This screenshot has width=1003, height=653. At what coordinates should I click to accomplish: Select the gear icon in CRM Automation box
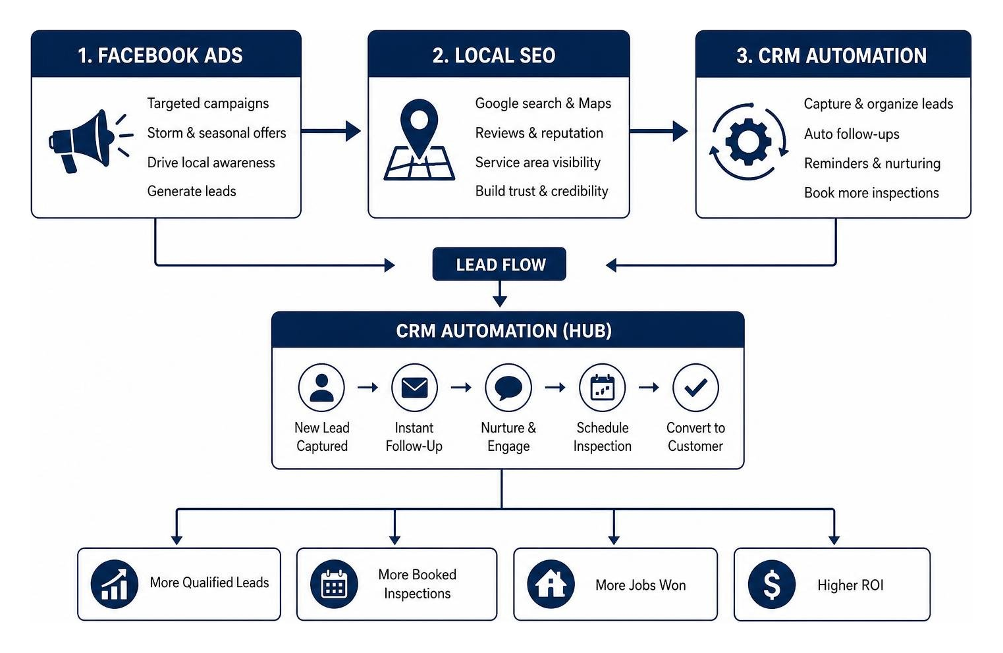749,142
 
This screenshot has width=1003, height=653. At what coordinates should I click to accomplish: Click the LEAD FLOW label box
499,264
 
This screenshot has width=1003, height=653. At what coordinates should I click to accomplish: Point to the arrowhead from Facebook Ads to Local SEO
353,131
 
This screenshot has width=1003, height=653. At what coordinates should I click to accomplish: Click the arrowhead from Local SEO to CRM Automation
680,131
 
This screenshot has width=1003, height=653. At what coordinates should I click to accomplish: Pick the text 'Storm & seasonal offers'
217,133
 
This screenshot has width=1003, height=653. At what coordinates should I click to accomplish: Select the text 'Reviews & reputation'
539,133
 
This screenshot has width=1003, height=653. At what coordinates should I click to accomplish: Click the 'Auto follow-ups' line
852,134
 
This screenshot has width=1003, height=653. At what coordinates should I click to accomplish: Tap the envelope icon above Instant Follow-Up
415,388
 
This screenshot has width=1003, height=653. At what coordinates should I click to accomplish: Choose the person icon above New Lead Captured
321,388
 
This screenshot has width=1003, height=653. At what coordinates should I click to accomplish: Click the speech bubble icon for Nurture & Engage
508,388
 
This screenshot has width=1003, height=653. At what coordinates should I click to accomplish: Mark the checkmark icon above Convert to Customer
696,388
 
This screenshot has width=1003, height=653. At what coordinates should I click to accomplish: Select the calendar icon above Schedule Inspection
603,388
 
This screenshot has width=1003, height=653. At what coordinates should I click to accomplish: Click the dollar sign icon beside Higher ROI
772,585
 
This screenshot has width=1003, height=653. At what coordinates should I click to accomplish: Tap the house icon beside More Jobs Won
551,585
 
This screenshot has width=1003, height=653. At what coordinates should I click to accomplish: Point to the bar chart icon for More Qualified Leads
114,585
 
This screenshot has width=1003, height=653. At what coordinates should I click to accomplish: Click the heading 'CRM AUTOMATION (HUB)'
504,330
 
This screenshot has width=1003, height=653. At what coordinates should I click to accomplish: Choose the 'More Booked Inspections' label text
418,584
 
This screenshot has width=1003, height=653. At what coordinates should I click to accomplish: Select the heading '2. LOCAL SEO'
494,55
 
